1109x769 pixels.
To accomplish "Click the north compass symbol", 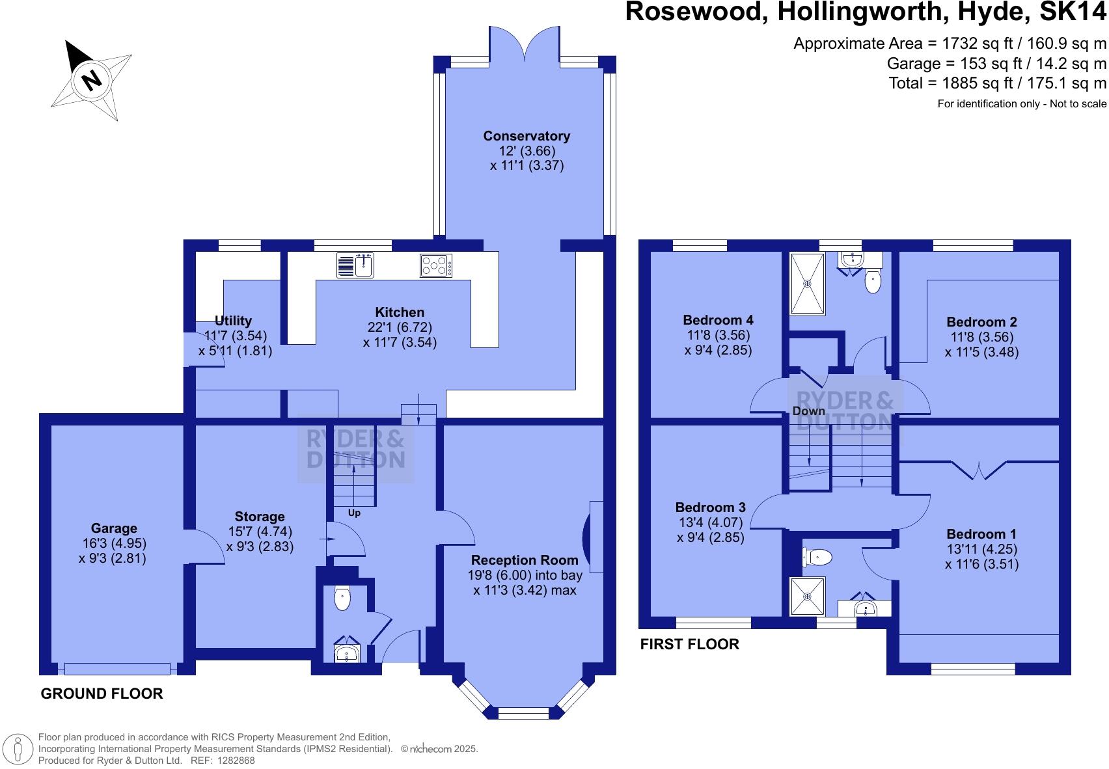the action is (x=92, y=79).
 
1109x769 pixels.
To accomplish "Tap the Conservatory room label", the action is (x=527, y=136).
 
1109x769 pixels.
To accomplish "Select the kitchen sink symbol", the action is (x=355, y=265).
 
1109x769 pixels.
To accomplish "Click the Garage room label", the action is (x=114, y=528).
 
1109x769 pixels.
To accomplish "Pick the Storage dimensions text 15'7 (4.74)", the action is (x=260, y=532).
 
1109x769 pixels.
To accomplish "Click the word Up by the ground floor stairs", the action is (x=354, y=513).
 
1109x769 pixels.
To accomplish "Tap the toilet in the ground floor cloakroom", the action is (x=342, y=599).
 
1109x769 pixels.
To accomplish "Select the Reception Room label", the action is (x=525, y=560).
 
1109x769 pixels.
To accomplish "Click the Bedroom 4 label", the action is (x=718, y=320).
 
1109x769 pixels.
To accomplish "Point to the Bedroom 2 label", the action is (x=981, y=322).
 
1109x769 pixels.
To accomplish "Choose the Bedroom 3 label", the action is (x=710, y=507).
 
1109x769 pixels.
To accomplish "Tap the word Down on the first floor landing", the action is (x=808, y=411).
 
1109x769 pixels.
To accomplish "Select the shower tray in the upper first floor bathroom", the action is (x=807, y=284).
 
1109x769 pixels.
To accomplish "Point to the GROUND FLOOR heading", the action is (x=102, y=694).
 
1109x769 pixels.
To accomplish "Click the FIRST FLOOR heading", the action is (x=690, y=644).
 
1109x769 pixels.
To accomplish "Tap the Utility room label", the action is (x=233, y=321).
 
